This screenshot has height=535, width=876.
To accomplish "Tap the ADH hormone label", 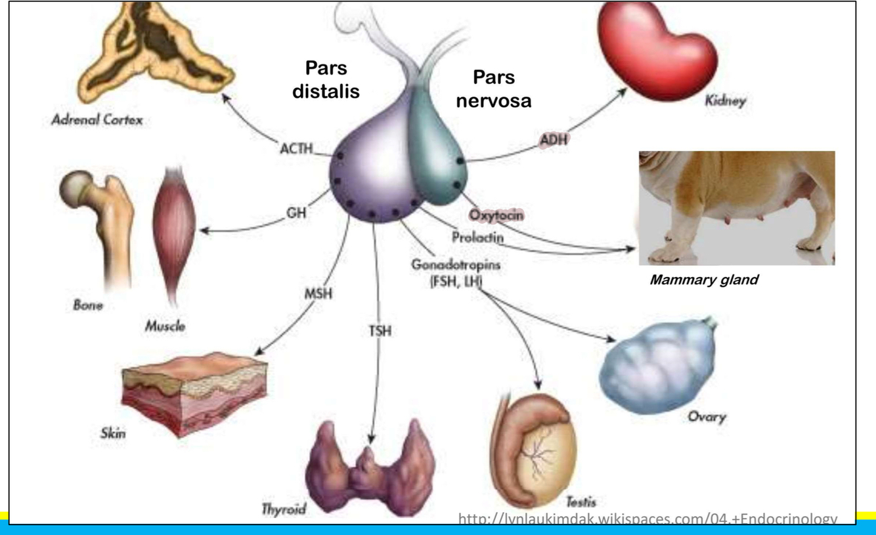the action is pos(554,140).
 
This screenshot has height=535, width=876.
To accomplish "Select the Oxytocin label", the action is pos(500,215).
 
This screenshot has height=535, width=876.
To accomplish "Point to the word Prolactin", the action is pos(477,238).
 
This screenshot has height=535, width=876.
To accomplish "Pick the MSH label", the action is pos(318,293).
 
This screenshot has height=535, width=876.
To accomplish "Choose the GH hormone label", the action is pos(297,213).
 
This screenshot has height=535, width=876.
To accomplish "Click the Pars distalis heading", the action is pos(326,79).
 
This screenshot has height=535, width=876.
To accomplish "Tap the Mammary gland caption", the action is pos(703,280).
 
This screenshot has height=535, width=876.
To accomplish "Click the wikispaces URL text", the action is pos(647,520).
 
